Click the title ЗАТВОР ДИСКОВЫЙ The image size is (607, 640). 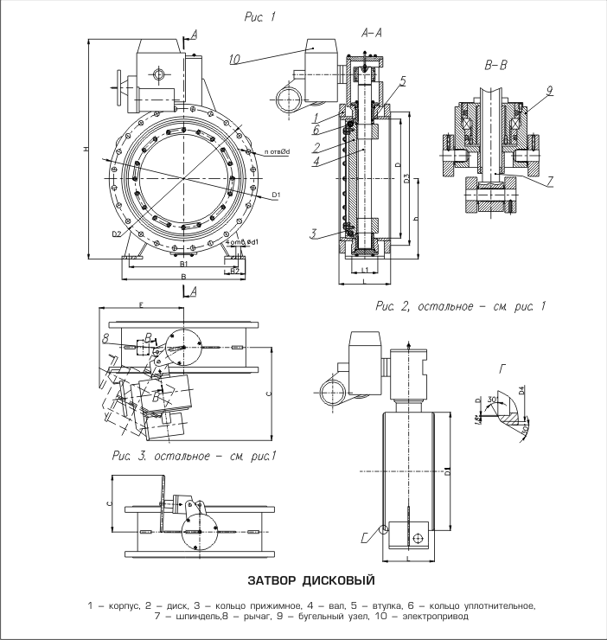coord(303,579)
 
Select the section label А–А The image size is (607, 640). coord(374,32)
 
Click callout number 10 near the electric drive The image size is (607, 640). coord(236,59)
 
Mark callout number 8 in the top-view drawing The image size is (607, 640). coord(105,336)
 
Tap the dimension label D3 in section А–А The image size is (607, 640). coord(406,179)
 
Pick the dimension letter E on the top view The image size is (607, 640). coord(139,304)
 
